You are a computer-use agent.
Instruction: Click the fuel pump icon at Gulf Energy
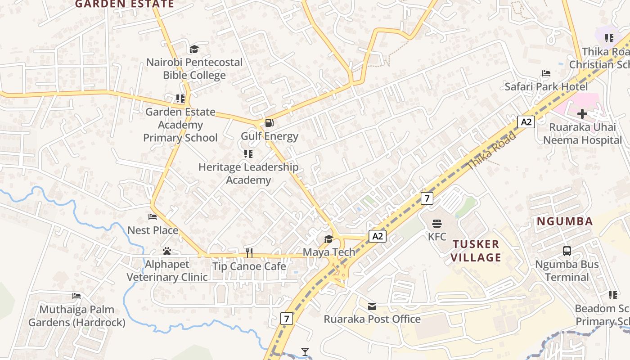(269, 122)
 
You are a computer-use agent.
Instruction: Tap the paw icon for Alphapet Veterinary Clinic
(167, 251)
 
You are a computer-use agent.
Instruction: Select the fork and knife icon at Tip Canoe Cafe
(249, 253)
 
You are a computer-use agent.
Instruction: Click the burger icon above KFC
(436, 224)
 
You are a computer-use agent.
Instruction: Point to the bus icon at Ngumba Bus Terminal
(567, 251)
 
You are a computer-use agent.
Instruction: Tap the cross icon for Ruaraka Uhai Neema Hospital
(582, 114)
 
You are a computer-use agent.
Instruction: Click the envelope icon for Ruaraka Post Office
(372, 306)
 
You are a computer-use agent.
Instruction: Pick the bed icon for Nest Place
(153, 217)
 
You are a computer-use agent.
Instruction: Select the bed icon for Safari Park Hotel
(546, 73)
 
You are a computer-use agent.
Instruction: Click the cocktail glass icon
(306, 351)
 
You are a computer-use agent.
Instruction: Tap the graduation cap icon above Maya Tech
(328, 239)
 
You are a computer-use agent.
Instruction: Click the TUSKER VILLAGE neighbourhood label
(476, 251)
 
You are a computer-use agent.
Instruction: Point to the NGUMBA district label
(564, 221)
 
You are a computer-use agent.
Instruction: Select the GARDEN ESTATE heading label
(124, 4)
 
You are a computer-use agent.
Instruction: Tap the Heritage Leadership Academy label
(248, 173)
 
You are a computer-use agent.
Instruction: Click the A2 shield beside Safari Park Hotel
(526, 122)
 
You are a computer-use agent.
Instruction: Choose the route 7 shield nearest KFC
(427, 198)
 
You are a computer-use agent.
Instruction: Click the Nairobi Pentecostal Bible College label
(194, 68)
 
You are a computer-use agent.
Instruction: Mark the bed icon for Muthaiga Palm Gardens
(76, 296)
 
